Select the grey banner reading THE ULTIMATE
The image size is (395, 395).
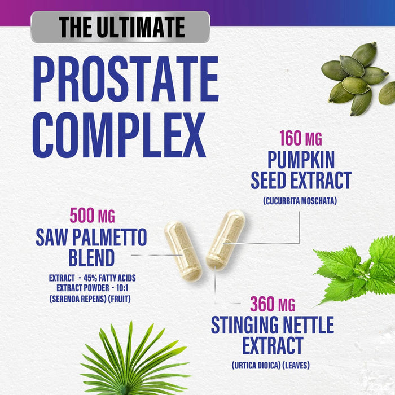(x=120, y=27)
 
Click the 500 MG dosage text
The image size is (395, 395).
(x=91, y=216)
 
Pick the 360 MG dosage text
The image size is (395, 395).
(x=272, y=305)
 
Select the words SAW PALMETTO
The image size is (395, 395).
(x=91, y=238)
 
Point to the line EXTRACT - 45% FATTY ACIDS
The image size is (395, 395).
(x=91, y=278)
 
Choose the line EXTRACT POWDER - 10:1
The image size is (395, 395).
(x=91, y=288)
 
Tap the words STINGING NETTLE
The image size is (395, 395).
(x=272, y=326)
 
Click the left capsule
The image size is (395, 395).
(x=182, y=251)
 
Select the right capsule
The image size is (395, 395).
(x=225, y=239)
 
